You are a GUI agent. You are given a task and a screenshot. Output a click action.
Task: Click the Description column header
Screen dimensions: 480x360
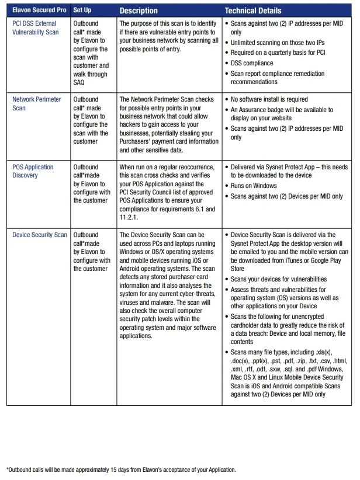pos(139,11)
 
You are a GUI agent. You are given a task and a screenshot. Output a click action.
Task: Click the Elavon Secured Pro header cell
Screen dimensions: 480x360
pos(37,11)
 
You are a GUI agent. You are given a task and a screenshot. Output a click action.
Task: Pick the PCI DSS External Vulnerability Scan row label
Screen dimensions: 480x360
pos(36,28)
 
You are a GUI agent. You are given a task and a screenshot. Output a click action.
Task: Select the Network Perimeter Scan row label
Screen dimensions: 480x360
pos(37,103)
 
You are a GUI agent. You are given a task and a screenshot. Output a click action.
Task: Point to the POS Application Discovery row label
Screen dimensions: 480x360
pos(33,171)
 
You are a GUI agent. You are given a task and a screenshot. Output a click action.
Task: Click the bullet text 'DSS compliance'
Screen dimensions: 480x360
pos(252,63)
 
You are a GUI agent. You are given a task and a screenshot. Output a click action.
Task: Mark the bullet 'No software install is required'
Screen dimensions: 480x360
pos(269,99)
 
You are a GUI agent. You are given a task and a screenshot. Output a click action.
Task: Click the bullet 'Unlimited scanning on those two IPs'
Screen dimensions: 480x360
pos(278,43)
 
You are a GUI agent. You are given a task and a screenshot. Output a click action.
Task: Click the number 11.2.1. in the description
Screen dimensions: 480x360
pos(131,217)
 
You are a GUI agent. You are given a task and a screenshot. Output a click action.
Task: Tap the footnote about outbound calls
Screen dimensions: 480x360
pos(121,469)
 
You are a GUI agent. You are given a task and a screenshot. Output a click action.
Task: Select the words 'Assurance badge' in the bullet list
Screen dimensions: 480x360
pos(261,110)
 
